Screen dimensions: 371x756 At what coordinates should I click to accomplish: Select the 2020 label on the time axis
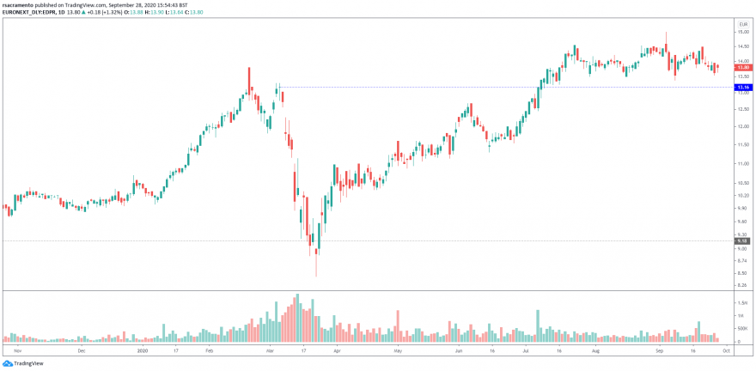(x=143, y=350)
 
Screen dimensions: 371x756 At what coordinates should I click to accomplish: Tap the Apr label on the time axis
(x=337, y=350)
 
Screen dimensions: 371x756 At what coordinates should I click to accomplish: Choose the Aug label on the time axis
(x=595, y=350)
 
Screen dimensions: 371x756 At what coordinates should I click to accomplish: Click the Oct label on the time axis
(x=726, y=350)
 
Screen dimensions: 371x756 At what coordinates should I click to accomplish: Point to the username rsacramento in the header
(x=19, y=4)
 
